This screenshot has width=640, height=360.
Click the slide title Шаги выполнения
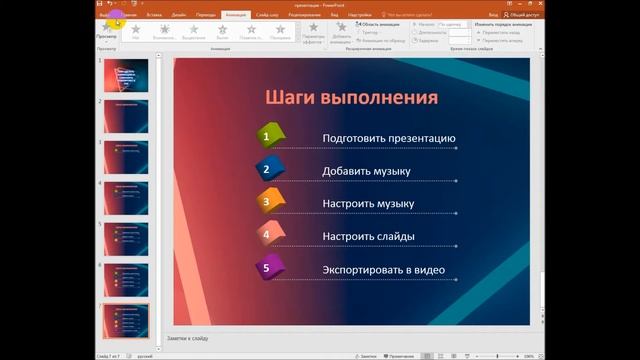[x=352, y=97]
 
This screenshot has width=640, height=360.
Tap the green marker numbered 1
[x=267, y=136]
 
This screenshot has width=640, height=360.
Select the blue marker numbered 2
[x=267, y=169]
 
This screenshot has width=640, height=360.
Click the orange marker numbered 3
[x=267, y=202]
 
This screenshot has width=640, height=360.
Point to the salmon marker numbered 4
[x=267, y=235]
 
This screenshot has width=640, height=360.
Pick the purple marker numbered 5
[x=267, y=268]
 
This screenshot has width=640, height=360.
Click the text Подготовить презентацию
[x=388, y=138]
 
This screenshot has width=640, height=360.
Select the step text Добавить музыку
[x=366, y=171]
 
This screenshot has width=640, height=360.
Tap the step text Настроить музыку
[x=368, y=204]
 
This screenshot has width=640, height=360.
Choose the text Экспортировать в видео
[x=384, y=270]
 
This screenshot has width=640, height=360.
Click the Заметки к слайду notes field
[x=350, y=339]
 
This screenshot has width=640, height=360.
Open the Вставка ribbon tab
[x=154, y=16]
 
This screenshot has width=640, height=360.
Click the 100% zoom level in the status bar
[x=628, y=355]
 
